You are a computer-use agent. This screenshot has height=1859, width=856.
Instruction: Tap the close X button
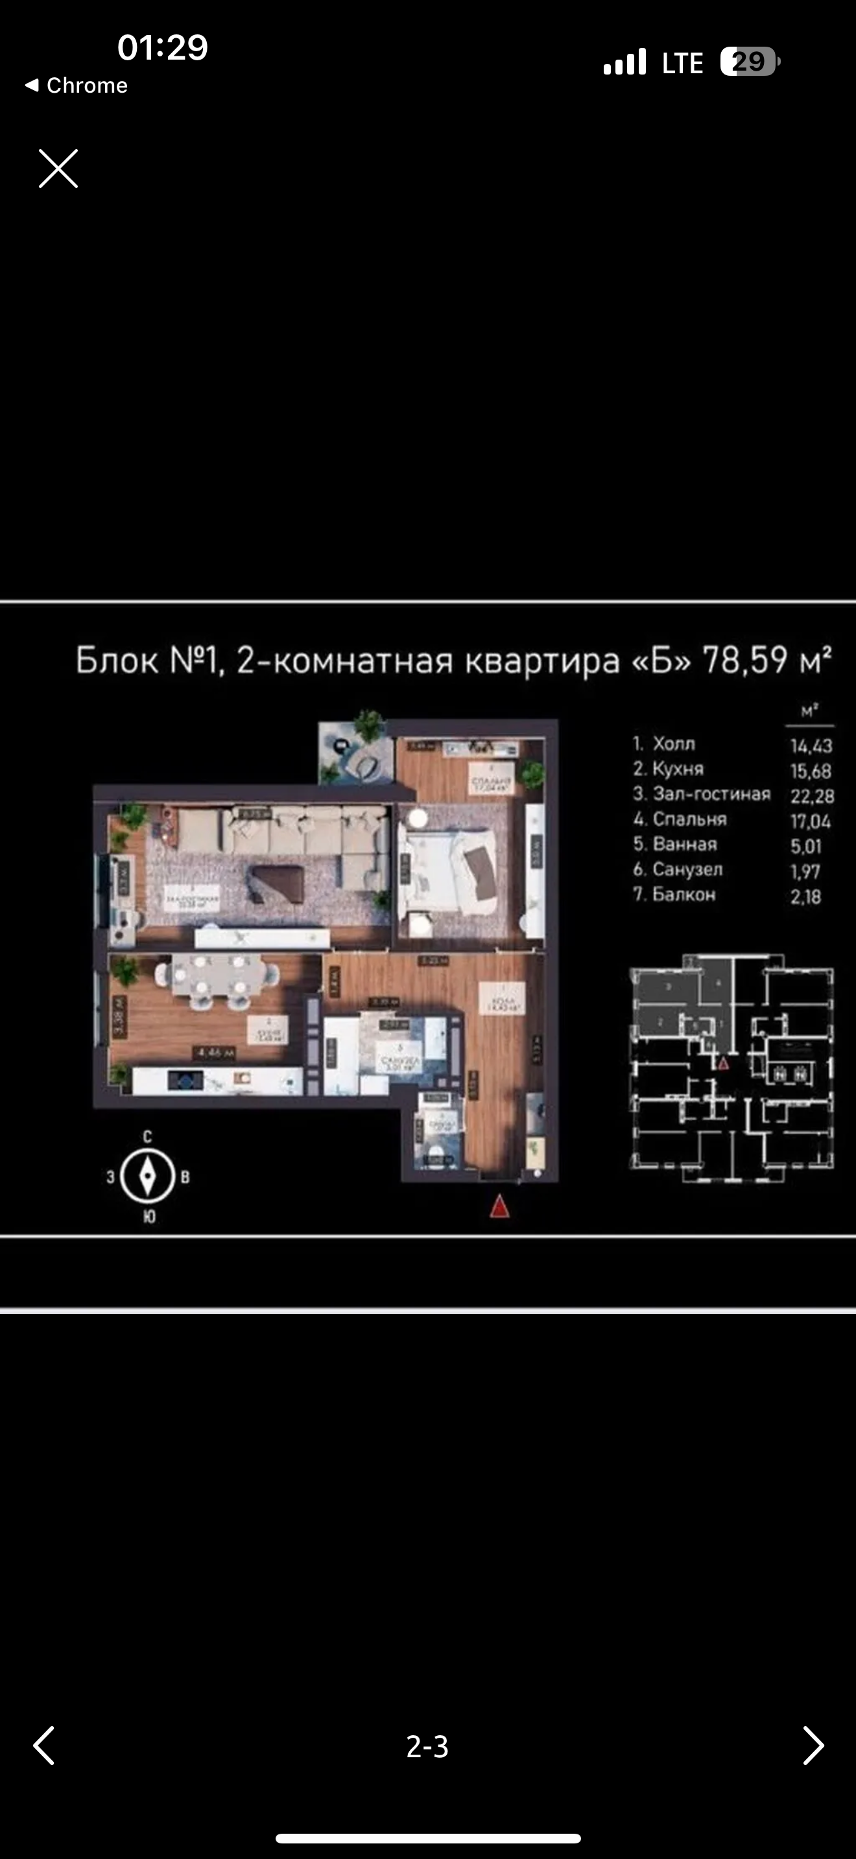coord(58,169)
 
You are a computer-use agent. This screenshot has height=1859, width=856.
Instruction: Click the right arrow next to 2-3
coord(813,1745)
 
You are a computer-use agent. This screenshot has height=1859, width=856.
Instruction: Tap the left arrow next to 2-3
coord(44,1745)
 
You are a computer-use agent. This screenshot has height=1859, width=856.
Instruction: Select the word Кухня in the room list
coord(678,769)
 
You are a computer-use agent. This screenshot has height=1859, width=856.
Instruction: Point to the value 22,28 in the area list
coord(812,796)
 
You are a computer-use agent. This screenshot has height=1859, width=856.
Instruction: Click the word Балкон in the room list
coord(684,894)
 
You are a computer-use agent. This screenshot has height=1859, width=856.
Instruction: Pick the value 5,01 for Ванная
coord(806,846)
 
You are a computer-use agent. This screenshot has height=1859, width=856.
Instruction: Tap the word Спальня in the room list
coord(689,819)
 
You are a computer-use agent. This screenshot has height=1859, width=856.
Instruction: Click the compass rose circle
coord(147,1176)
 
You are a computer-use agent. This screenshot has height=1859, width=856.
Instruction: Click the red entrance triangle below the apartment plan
coord(499,1206)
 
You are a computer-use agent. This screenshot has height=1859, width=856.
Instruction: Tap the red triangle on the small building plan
coord(723,1062)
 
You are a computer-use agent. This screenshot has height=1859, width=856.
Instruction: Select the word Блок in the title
coord(117,660)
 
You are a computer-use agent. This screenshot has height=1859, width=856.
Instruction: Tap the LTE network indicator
coord(682,63)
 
